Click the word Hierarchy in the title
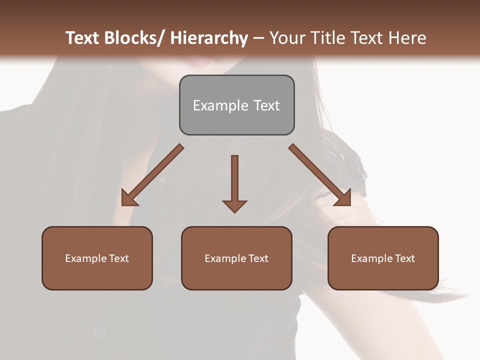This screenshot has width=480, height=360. point(209,38)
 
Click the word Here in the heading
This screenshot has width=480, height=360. point(407,38)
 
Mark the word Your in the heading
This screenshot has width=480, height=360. point(287,38)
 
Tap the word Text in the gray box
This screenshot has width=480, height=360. point(266,105)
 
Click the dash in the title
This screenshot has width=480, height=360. point(258,38)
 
